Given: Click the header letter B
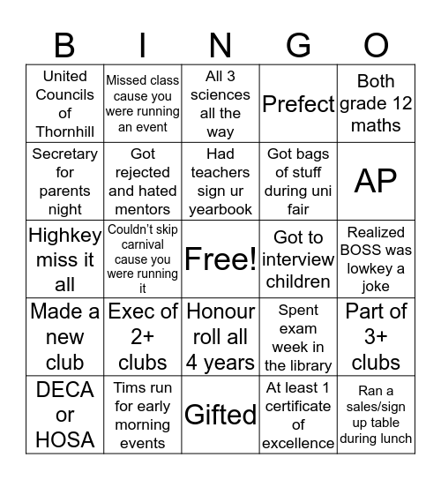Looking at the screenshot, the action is coord(64,44).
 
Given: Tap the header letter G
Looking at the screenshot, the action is coord(298,44).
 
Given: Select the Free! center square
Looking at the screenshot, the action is coord(220,259).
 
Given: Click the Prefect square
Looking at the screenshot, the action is coord(298,104).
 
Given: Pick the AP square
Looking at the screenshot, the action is coord(376,181).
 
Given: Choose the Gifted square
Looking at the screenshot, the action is coord(220,415).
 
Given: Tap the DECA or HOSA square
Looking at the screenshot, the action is coord(64,415).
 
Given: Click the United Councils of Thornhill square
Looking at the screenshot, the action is coord(64,104).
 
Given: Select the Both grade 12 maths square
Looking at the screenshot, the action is coord(376,104).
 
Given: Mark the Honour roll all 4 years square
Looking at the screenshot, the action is coord(220,337).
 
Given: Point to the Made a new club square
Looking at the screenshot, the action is coord(64,337).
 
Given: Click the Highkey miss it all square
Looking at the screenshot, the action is coord(64,259).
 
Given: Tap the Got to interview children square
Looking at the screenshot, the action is coord(298,259).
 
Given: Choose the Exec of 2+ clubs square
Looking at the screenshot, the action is coord(143,337).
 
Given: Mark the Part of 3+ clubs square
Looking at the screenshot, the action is coord(376,337).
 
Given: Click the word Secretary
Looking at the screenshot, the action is coord(64,154).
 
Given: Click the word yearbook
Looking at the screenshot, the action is coord(220,209).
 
